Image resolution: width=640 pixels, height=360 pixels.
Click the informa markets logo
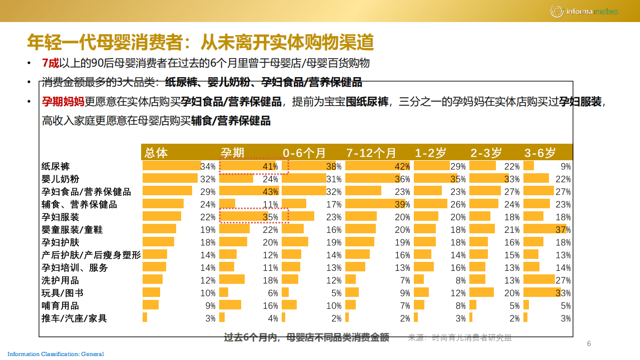(x=584, y=11)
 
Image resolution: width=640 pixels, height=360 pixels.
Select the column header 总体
(x=156, y=153)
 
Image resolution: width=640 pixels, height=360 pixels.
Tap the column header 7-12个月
(x=371, y=153)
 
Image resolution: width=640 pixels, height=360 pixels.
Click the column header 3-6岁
(x=540, y=153)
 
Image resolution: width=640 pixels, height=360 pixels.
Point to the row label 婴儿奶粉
(x=60, y=179)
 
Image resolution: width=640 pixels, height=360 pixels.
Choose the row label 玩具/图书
(x=62, y=293)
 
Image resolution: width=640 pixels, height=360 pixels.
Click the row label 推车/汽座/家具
(x=74, y=318)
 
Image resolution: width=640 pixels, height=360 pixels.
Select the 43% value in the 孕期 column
(x=270, y=192)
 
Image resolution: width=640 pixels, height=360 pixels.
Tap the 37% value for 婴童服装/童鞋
(x=563, y=230)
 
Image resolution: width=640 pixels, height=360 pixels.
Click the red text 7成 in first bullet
(x=51, y=63)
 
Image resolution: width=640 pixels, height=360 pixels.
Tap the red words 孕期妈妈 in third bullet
(x=63, y=102)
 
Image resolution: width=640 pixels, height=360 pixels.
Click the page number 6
(x=589, y=343)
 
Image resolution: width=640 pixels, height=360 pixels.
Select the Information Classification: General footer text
(x=56, y=354)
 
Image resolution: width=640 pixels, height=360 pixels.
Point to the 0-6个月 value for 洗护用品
(x=335, y=280)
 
